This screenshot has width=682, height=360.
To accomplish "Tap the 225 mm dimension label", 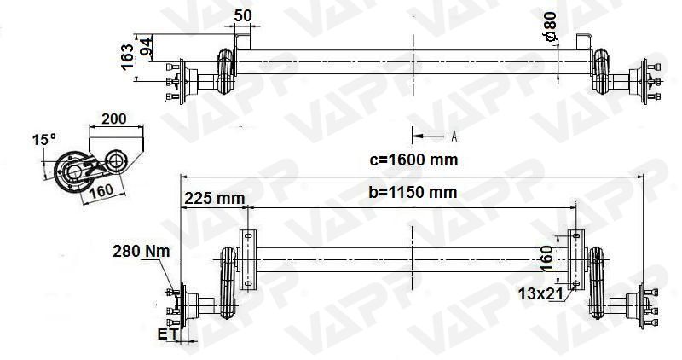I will tap(214, 198).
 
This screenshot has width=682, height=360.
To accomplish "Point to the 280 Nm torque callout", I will tap(141, 251).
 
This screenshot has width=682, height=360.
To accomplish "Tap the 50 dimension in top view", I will tap(243, 15).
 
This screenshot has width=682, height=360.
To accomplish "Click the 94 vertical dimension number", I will tap(146, 48).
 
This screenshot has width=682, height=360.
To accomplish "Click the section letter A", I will tap(454, 136).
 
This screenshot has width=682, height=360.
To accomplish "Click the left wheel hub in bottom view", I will tap(179, 305).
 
